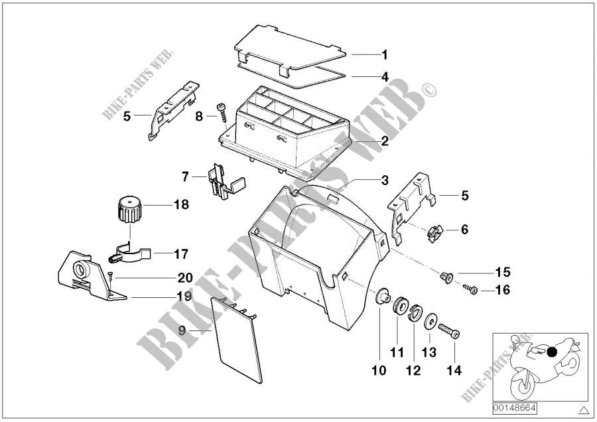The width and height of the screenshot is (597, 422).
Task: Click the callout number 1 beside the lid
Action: [385, 54]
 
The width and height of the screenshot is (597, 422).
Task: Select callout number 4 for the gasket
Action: [385, 77]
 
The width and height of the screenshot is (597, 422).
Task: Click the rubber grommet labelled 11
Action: [399, 307]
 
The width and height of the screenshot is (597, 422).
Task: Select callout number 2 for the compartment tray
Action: [385, 141]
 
